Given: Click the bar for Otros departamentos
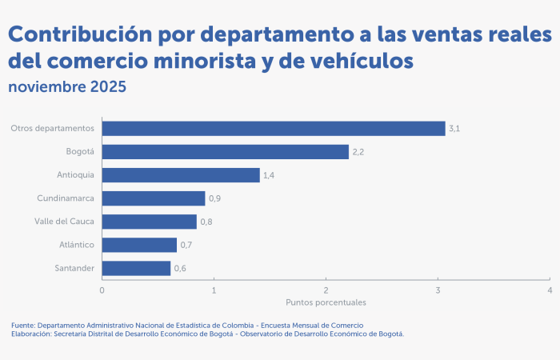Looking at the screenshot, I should pyautogui.click(x=274, y=128).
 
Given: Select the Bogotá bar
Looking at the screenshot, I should pyautogui.click(x=226, y=152).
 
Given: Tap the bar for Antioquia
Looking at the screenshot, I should pyautogui.click(x=181, y=175).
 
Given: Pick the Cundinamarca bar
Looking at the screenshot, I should pyautogui.click(x=154, y=198).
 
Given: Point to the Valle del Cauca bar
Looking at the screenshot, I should pyautogui.click(x=150, y=222).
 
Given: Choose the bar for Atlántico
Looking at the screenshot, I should pyautogui.click(x=140, y=245).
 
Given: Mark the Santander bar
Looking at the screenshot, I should pyautogui.click(x=137, y=268).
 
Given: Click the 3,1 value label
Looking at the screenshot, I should pyautogui.click(x=454, y=129).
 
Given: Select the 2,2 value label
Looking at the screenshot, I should pyautogui.click(x=358, y=152).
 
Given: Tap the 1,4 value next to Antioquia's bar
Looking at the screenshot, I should pyautogui.click(x=270, y=175).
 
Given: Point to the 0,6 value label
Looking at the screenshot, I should pyautogui.click(x=180, y=269).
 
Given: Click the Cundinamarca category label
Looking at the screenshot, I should pyautogui.click(x=66, y=198).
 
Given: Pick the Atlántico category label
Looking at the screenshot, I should pyautogui.click(x=77, y=245).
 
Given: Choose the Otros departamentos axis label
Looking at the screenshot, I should pyautogui.click(x=53, y=128).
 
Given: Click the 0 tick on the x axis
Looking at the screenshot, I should pyautogui.click(x=102, y=290).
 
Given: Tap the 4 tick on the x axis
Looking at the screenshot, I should pyautogui.click(x=550, y=290).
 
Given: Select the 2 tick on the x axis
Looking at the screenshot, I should pyautogui.click(x=326, y=290).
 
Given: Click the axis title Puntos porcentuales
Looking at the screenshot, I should pyautogui.click(x=326, y=303).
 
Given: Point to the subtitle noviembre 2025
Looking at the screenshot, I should pyautogui.click(x=67, y=87).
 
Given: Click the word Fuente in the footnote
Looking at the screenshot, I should pyautogui.click(x=22, y=326).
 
